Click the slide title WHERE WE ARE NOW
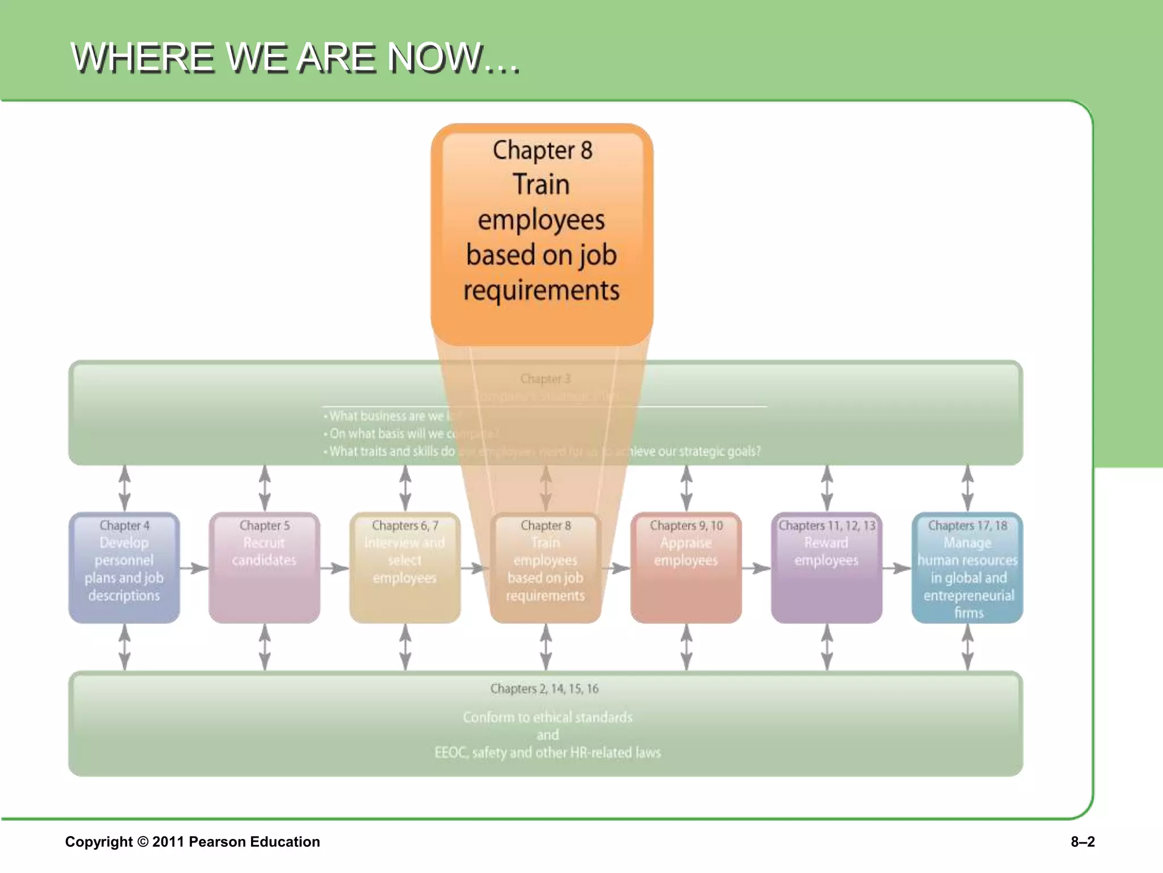coord(295,57)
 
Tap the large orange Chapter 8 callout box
coord(542,234)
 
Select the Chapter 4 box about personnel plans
coord(124,567)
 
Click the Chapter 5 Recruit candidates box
coord(264,567)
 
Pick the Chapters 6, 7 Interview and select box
coord(405,567)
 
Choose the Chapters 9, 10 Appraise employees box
coord(686,567)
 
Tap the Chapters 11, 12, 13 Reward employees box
coord(826,567)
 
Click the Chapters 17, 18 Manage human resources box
coord(967,567)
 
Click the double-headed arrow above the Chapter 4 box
coord(124,488)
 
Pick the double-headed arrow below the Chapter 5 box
coord(265,647)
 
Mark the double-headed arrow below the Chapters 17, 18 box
coord(968,647)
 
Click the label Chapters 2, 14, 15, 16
coord(544,689)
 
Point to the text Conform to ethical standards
coord(547,717)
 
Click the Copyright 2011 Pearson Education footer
coord(193,842)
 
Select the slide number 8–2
coord(1082,842)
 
